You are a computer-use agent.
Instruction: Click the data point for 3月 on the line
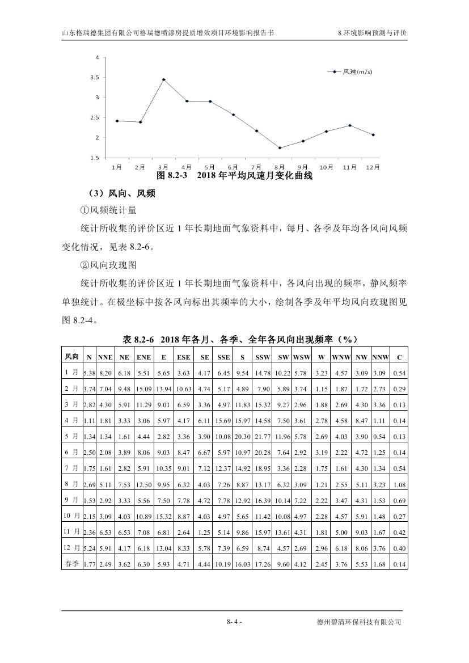163,79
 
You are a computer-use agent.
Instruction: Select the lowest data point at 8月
280,147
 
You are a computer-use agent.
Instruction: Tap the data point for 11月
350,125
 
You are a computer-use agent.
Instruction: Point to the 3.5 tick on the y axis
95,78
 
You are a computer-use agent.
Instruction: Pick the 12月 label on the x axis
373,167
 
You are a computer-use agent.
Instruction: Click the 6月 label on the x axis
233,167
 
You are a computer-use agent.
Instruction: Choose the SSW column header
263,357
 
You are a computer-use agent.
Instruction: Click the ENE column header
143,357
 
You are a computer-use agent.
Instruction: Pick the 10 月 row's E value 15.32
163,516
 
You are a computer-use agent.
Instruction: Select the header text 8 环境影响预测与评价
372,33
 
